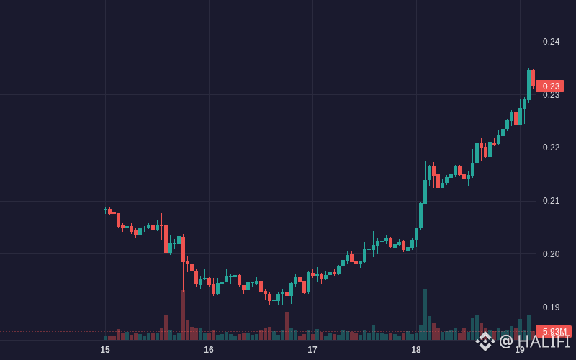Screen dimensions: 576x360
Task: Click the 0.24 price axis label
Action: pyautogui.click(x=551, y=42)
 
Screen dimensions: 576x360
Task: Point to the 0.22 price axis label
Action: pyautogui.click(x=551, y=148)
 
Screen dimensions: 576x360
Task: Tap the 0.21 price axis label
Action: pyautogui.click(x=551, y=201)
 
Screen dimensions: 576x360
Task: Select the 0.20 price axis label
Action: pyautogui.click(x=551, y=254)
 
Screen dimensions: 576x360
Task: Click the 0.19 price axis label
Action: pyautogui.click(x=551, y=307)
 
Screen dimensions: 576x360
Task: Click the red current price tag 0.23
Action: pyautogui.click(x=550, y=86)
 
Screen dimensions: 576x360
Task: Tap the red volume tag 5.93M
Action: pyautogui.click(x=554, y=331)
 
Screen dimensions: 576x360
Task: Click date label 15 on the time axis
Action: pyautogui.click(x=105, y=350)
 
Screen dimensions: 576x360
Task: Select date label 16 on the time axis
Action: pyautogui.click(x=209, y=350)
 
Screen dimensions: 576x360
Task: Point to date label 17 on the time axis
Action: pyautogui.click(x=312, y=350)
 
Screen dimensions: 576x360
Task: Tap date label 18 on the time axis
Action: pyautogui.click(x=416, y=350)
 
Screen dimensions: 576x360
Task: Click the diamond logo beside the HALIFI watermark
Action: pyautogui.click(x=485, y=341)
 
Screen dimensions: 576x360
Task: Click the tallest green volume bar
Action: pyautogui.click(x=425, y=314)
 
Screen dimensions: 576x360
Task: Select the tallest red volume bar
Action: pyautogui.click(x=183, y=315)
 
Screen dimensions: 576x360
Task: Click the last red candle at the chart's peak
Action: pyautogui.click(x=533, y=78)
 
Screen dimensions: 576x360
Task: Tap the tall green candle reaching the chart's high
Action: pyautogui.click(x=529, y=84)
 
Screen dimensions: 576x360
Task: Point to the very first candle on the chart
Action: pyautogui.click(x=105, y=210)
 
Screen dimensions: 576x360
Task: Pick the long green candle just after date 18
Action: pyautogui.click(x=421, y=215)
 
